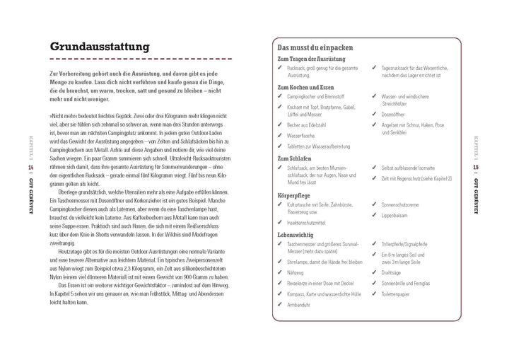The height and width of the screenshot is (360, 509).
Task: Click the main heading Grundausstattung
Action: (99, 46)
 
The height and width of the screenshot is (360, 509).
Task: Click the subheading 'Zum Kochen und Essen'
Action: (305, 86)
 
